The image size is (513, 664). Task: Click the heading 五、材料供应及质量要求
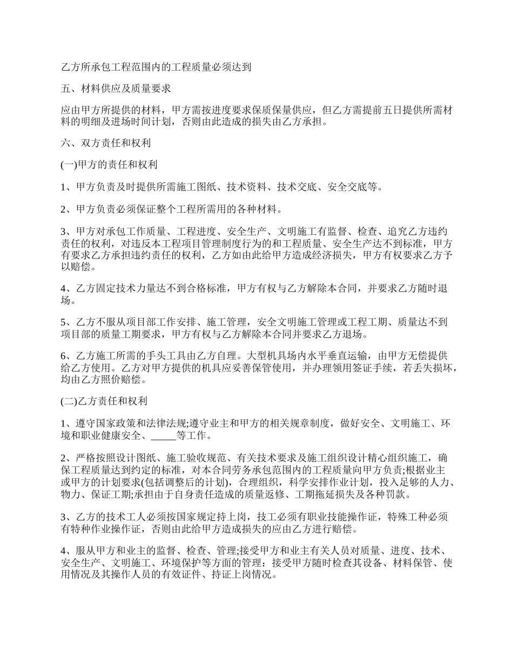tap(116, 88)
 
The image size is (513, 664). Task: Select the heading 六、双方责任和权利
tap(105, 144)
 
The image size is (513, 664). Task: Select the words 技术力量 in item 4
tap(152, 289)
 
